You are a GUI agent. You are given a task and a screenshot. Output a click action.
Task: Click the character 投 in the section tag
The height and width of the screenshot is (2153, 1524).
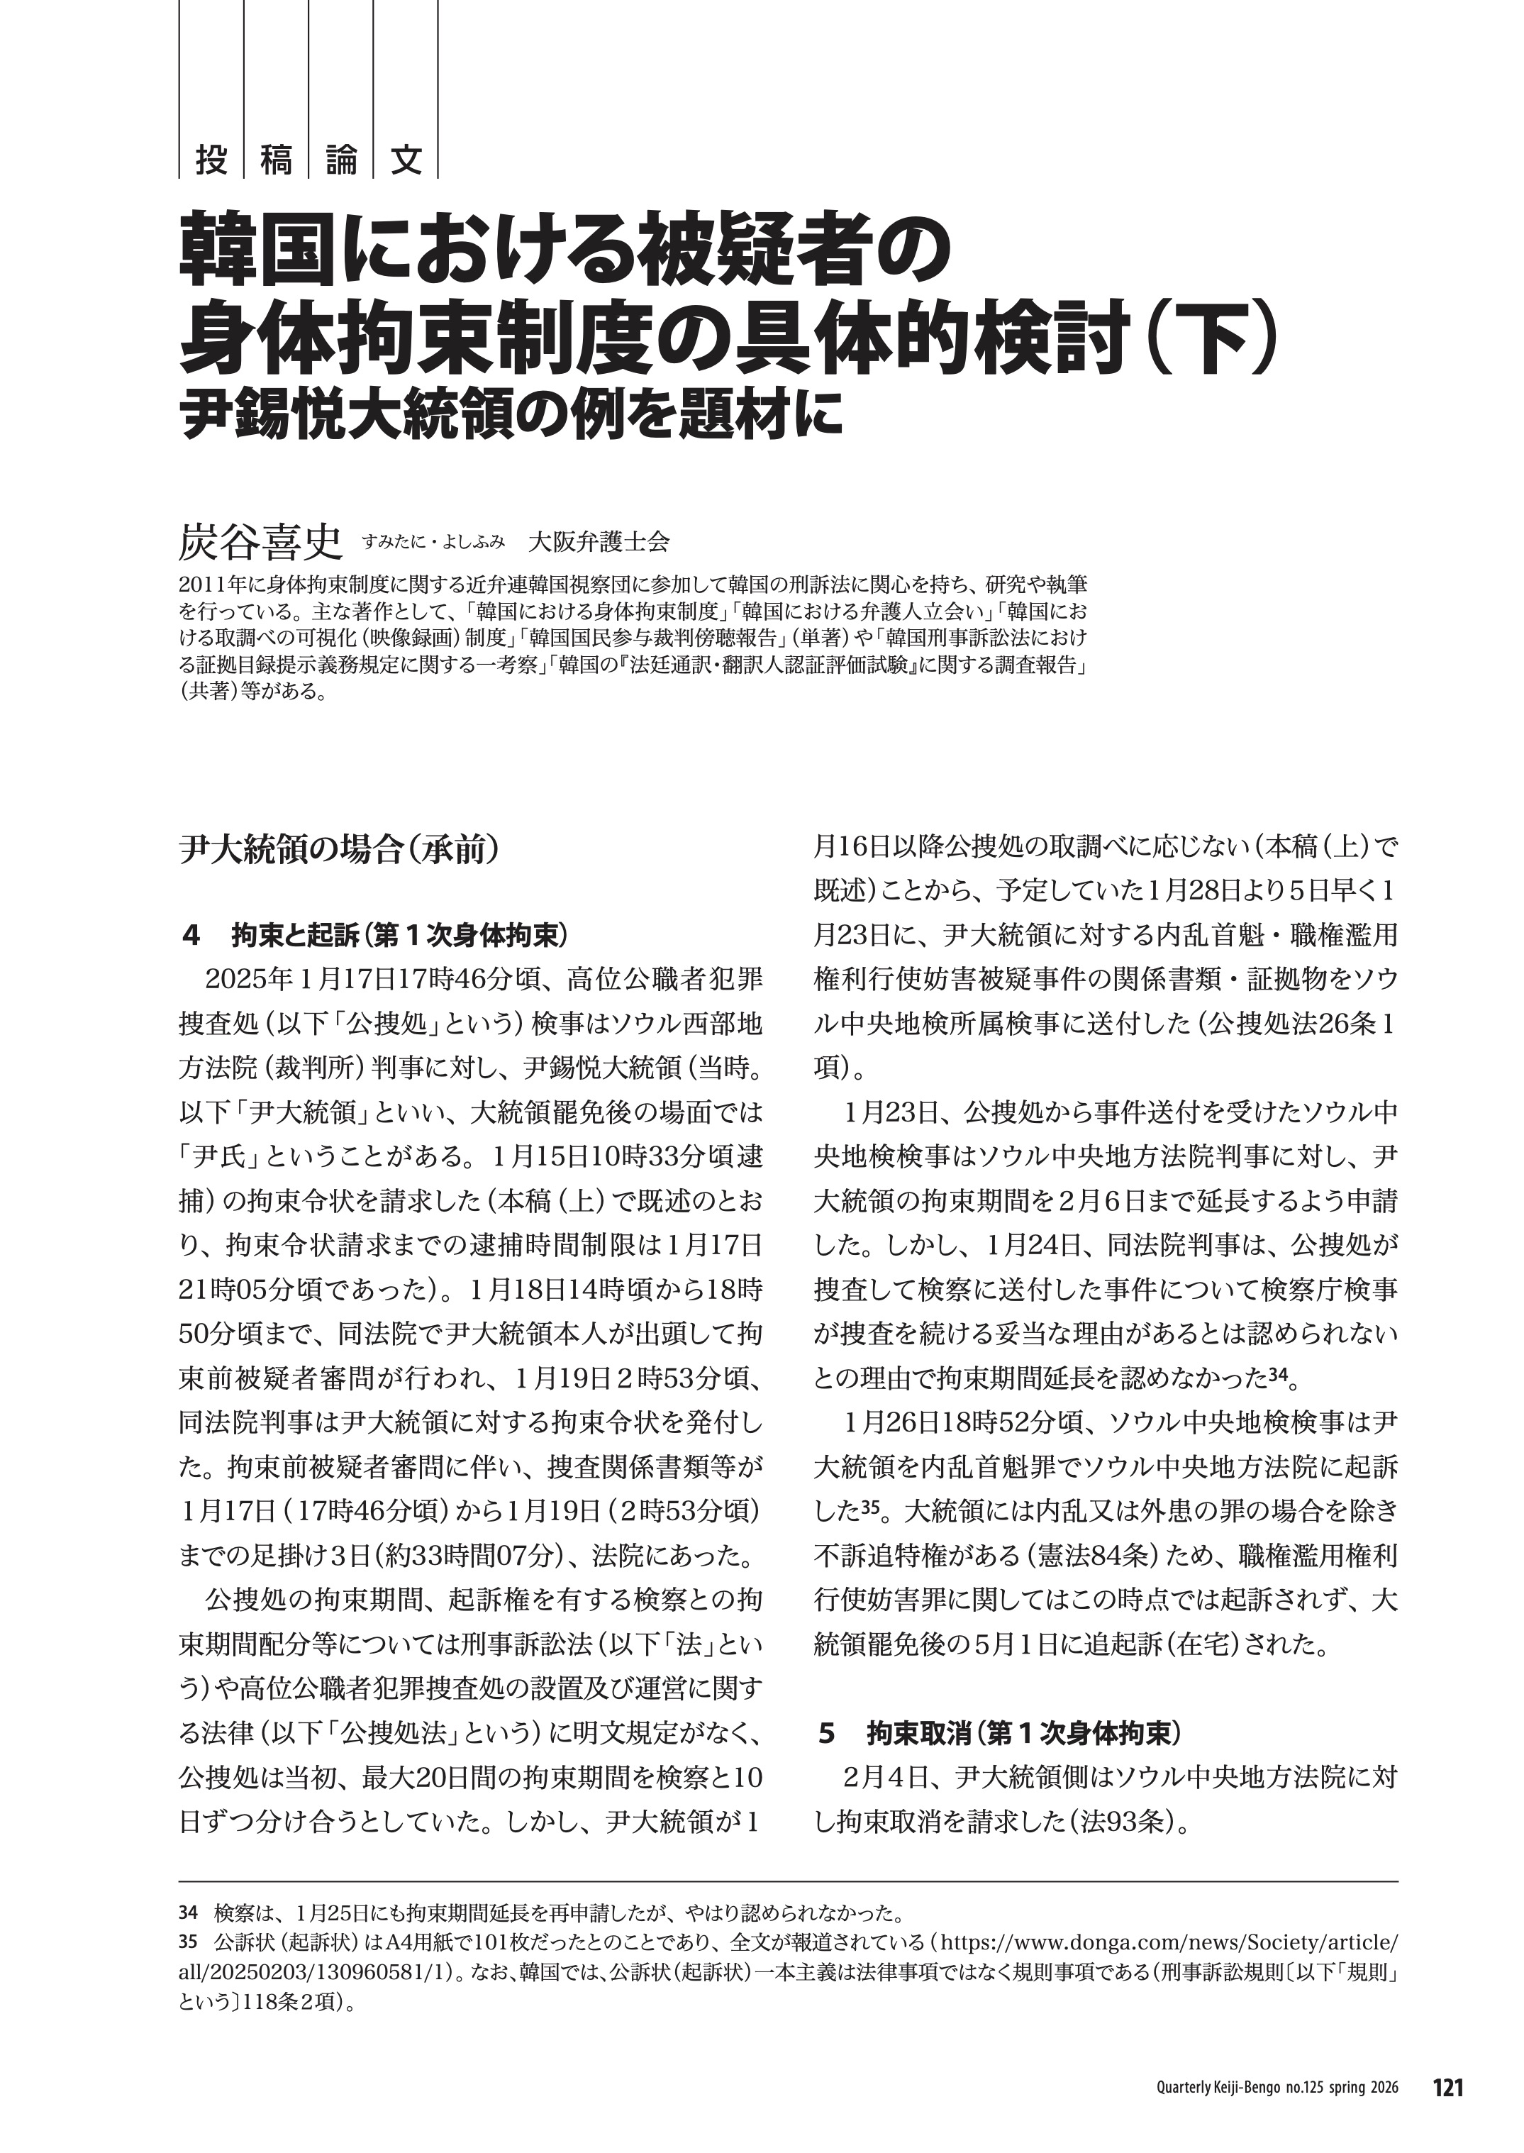coord(211,160)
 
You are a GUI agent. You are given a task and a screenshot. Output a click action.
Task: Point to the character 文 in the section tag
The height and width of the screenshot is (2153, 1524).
coord(406,160)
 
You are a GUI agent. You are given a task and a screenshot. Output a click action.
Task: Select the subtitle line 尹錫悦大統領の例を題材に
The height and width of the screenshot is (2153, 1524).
coord(511,414)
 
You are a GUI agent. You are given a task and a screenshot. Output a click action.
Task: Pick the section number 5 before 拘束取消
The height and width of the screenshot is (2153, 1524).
coord(827,1734)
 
